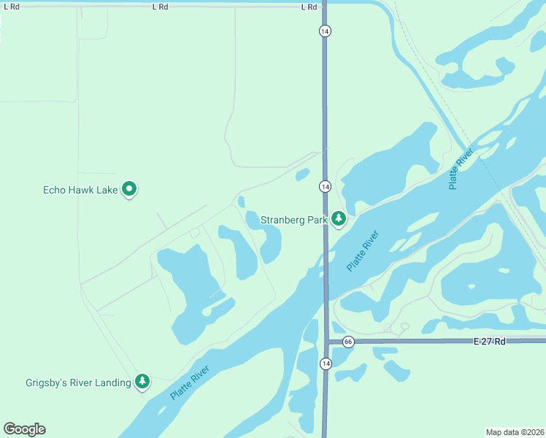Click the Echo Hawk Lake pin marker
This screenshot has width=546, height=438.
coord(129,189)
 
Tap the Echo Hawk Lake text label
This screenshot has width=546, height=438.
coord(80,190)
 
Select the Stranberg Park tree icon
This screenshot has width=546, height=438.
coord(338,218)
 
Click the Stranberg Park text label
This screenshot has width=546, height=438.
coord(293,219)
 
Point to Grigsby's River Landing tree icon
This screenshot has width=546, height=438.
coord(142,381)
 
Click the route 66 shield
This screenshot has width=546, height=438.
coord(348,342)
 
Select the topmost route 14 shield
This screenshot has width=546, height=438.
coord(325,31)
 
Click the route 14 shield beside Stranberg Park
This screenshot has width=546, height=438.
coord(325,187)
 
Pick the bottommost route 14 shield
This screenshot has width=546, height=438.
coord(325,363)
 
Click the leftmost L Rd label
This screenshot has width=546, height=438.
coord(11,7)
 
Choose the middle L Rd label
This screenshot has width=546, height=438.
coord(161,7)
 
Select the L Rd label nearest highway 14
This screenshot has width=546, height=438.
coord(309,7)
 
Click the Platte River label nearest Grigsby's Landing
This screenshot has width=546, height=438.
coord(191,384)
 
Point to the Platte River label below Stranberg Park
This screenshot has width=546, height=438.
coord(363,251)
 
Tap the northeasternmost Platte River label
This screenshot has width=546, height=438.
coord(461,169)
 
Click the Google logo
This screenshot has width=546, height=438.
coord(24,429)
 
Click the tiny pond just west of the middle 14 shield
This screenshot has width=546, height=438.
coord(302,174)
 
